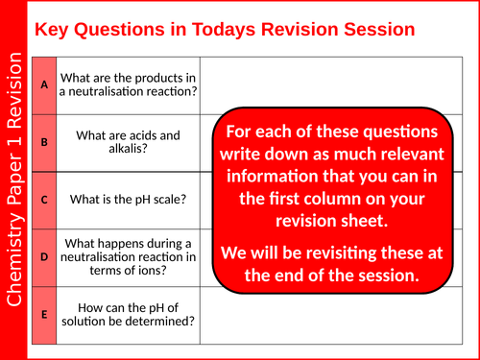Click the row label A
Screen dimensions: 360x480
44,84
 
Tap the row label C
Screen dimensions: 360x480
44,200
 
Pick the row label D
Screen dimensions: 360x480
44,256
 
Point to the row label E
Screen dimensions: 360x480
44,313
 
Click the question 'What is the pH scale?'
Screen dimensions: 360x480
129,200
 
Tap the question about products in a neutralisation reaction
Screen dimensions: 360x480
129,84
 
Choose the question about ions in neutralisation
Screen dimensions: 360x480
129,256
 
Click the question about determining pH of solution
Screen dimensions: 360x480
129,313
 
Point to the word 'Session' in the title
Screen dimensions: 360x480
376,29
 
